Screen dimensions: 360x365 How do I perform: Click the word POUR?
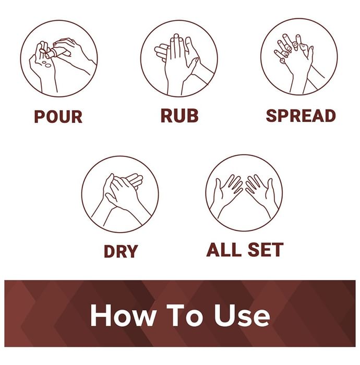click(x=58, y=116)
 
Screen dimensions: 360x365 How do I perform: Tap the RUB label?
click(x=179, y=115)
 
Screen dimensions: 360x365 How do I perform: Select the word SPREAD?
click(x=301, y=116)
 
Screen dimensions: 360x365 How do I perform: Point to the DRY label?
click(x=121, y=251)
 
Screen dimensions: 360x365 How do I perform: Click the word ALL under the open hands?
click(x=223, y=250)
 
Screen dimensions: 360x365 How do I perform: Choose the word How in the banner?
click(x=123, y=316)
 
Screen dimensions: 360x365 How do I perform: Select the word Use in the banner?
click(x=242, y=316)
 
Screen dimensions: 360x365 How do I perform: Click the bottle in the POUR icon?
click(x=54, y=53)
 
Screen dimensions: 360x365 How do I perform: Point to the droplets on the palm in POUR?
click(x=46, y=64)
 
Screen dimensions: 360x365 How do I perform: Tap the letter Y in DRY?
click(x=132, y=251)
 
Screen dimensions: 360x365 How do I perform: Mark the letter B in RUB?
click(x=193, y=115)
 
